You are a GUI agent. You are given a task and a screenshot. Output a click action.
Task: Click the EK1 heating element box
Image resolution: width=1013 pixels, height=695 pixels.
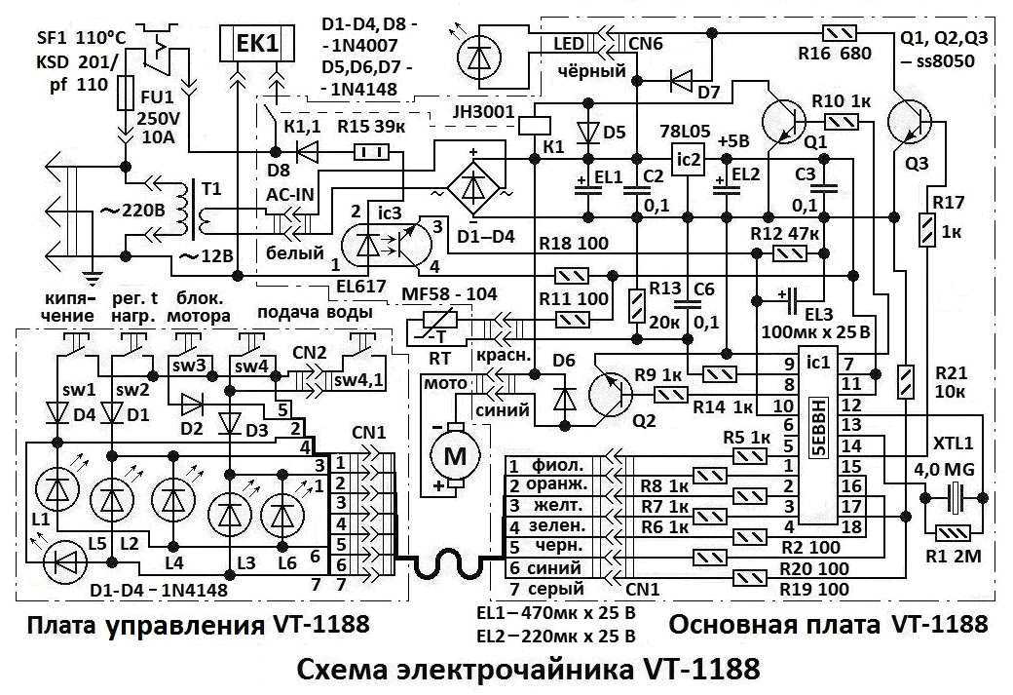coord(257,43)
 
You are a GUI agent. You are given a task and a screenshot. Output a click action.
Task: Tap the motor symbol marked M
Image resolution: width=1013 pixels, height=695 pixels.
coord(455,456)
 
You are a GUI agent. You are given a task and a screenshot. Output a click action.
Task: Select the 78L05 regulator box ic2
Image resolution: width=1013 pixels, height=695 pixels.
coord(688,159)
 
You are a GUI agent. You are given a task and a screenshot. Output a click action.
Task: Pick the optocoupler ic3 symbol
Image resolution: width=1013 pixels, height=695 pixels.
coord(387,244)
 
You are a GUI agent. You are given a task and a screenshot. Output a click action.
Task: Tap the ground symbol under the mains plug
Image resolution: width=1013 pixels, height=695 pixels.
coord(94,279)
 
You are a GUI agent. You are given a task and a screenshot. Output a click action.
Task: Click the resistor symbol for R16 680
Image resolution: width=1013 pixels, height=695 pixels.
coord(840,33)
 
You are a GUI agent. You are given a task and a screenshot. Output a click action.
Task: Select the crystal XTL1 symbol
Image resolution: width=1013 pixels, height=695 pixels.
coord(954,497)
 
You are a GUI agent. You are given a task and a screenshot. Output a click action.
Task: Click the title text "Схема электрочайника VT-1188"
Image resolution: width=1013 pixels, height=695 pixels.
coord(529,670)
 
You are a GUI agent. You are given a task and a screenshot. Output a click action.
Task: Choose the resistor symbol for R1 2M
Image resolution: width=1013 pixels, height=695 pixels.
coord(954,534)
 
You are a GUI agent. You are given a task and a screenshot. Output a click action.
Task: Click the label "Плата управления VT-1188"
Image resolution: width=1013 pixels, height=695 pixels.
coord(199,625)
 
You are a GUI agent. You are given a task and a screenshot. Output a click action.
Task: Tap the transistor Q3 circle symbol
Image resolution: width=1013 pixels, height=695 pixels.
coord(909,123)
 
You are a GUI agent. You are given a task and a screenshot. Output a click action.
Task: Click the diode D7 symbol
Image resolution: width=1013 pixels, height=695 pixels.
coord(681,81)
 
